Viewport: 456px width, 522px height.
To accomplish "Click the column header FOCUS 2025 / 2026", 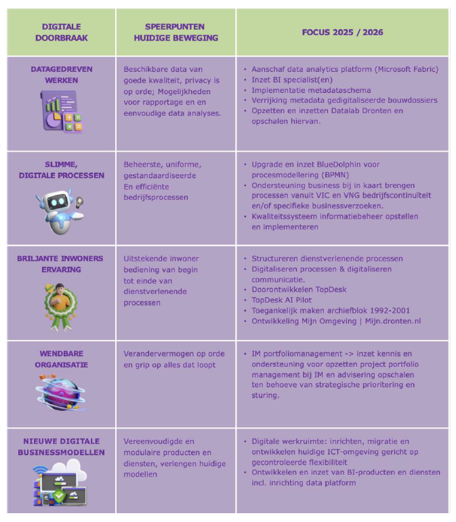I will pyautogui.click(x=342, y=32).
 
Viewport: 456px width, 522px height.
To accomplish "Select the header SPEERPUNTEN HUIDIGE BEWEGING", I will pyautogui.click(x=175, y=32).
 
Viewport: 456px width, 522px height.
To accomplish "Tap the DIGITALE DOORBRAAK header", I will pyautogui.click(x=61, y=32).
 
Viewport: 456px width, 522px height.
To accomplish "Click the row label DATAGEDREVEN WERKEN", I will pyautogui.click(x=62, y=74).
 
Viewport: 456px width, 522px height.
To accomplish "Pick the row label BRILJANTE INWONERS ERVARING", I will pyautogui.click(x=62, y=263).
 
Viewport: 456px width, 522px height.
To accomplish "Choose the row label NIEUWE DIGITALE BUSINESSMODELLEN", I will pyautogui.click(x=62, y=446).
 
